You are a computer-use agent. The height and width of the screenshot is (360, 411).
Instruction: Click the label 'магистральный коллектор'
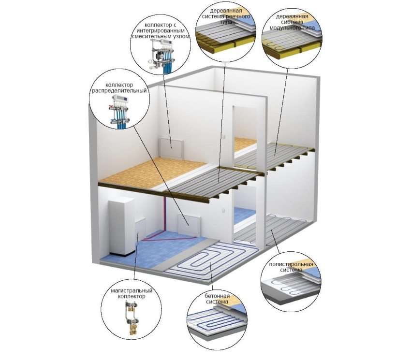tap(129, 293)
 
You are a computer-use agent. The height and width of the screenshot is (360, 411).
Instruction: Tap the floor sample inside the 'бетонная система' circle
tap(213, 321)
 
